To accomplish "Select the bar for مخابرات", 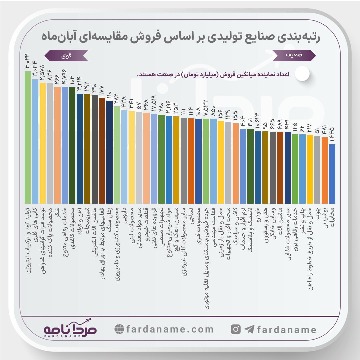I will (332, 173).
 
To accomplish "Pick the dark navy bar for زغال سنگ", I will (109, 152).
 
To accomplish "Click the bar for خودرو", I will (258, 167).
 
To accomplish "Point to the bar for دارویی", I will (124, 157).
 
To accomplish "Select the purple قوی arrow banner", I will (66, 55).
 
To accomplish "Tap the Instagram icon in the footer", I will (236, 330).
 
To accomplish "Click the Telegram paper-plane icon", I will (249, 330).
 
